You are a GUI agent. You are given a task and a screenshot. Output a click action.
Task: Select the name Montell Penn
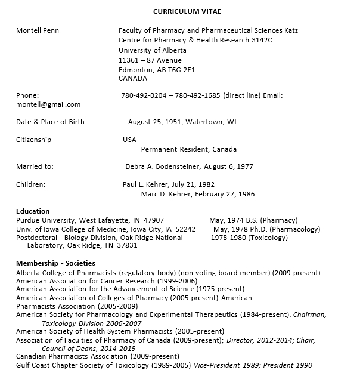point(38,30)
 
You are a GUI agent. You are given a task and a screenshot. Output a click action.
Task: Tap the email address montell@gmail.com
point(48,104)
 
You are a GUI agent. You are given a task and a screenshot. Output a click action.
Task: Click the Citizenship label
point(34,140)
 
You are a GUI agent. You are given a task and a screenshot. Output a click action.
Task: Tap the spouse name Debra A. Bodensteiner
point(167,166)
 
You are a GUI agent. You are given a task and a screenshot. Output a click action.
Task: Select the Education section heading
point(33,211)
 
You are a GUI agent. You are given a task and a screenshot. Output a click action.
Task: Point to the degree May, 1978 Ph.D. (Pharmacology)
point(266,229)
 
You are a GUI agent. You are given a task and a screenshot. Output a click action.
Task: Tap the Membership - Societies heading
point(55,263)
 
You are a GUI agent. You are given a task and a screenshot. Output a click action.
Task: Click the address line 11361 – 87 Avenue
point(150,60)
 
